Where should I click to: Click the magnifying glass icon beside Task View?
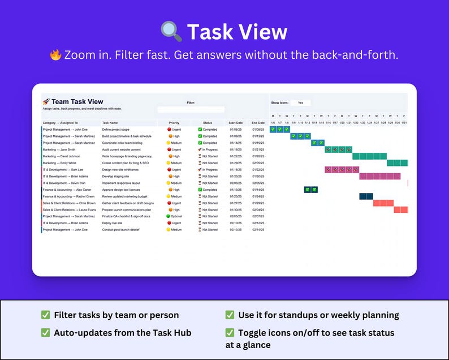[171, 32]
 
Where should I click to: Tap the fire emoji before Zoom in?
[55, 55]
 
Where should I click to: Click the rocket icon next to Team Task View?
[46, 102]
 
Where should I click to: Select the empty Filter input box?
[191, 109]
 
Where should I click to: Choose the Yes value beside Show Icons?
[300, 102]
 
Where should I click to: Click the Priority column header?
[174, 123]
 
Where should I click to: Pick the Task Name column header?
[110, 123]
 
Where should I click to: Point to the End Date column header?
[258, 123]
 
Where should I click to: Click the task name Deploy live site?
[113, 223]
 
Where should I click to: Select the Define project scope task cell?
[116, 130]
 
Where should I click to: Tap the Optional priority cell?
[174, 216]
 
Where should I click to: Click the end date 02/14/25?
[258, 230]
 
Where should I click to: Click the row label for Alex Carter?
[67, 190]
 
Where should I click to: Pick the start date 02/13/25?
[236, 230]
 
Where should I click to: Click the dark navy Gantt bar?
[366, 196]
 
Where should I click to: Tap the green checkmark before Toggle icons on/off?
[230, 333]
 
